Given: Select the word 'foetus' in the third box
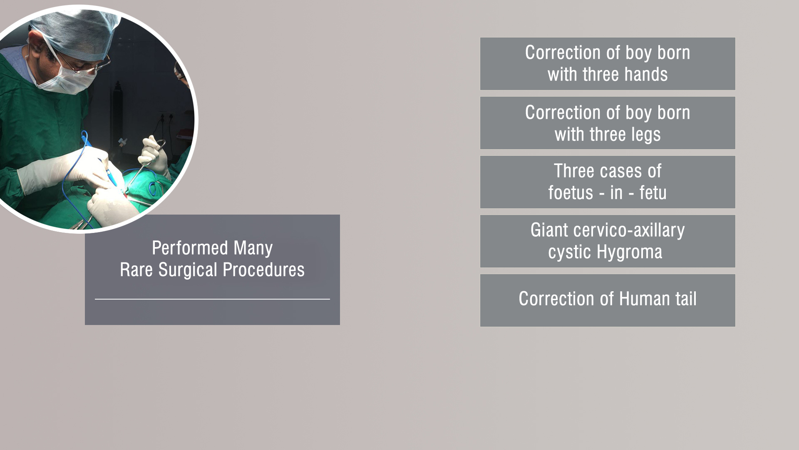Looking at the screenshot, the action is (571, 192).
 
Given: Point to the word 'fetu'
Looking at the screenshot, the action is (653, 192).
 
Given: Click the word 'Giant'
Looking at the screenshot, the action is (549, 230).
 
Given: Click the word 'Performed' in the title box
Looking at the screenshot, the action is (190, 248).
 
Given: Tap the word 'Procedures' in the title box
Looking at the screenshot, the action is (263, 270).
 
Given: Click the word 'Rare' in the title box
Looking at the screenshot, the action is (136, 270).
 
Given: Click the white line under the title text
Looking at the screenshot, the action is (212, 299).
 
